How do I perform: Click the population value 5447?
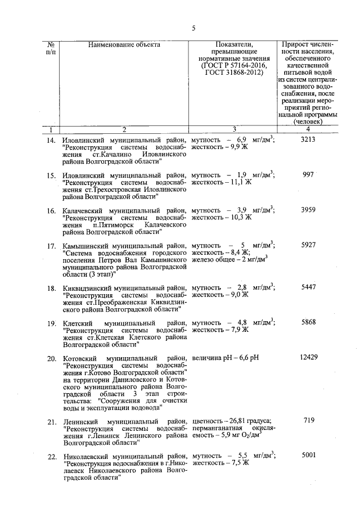[310, 287]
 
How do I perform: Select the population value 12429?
[310, 358]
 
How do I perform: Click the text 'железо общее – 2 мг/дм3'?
[229, 260]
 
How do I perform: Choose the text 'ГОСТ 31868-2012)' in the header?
[234, 74]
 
